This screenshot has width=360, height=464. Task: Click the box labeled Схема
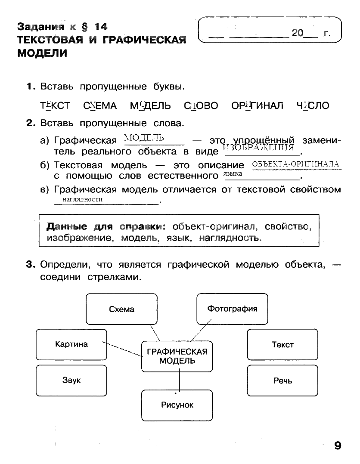click(x=121, y=309)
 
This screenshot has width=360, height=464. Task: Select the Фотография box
click(x=232, y=309)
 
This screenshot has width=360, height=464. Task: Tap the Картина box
click(x=71, y=344)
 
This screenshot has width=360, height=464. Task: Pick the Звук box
click(x=71, y=380)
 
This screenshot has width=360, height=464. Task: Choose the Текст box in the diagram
click(x=282, y=344)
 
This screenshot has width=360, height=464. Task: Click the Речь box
click(x=282, y=380)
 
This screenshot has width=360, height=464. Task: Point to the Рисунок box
click(x=177, y=405)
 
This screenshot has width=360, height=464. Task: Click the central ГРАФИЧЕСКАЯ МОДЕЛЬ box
click(x=177, y=356)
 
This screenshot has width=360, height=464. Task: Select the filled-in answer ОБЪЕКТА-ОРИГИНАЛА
click(x=295, y=164)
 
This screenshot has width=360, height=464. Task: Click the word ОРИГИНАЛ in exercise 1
click(x=257, y=105)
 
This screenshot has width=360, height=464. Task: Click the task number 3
click(x=30, y=265)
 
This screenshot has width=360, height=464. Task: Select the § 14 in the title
click(x=93, y=27)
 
